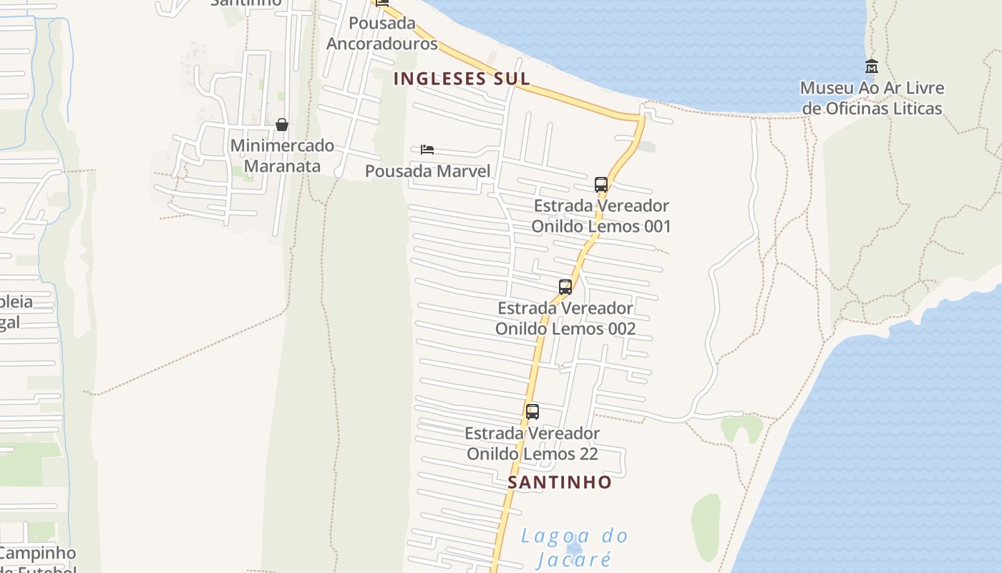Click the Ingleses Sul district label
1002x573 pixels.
click(462, 79)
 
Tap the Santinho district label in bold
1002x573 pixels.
click(560, 482)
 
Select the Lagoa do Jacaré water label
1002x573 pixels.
click(574, 546)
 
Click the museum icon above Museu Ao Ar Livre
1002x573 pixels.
click(872, 67)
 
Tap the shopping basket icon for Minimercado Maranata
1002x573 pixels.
click(282, 125)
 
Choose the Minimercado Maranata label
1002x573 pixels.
click(282, 155)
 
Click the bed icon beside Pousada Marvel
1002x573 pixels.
click(427, 150)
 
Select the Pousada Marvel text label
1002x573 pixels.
click(427, 171)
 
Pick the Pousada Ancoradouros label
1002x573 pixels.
click(382, 33)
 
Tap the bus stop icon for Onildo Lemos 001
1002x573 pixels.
click(601, 184)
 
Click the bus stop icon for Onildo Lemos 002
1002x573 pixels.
click(565, 287)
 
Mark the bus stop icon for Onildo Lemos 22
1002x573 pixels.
click(532, 412)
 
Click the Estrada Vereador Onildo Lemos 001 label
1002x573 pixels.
click(601, 216)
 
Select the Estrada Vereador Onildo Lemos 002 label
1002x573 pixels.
click(565, 318)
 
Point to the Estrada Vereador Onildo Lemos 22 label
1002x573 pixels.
click(532, 443)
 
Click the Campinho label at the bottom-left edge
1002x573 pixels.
click(37, 554)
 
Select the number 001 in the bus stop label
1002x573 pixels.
click(656, 226)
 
